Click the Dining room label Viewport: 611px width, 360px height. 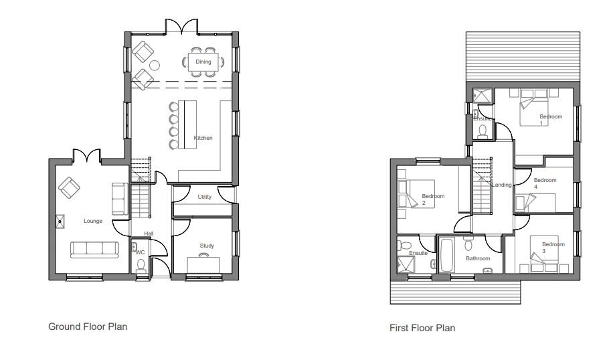click(x=203, y=62)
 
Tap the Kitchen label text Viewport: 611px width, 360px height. click(x=203, y=138)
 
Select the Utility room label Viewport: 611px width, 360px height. click(x=204, y=197)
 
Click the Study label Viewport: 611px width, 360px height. click(x=207, y=246)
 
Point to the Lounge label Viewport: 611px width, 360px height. click(x=93, y=221)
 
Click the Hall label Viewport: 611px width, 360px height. click(x=149, y=233)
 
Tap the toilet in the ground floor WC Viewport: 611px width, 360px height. click(x=141, y=266)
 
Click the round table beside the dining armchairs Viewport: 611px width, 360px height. click(x=155, y=66)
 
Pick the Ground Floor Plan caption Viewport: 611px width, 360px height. click(x=88, y=327)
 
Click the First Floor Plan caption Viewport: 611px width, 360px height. click(x=422, y=328)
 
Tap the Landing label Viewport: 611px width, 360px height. click(x=502, y=185)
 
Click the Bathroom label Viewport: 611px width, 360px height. click(x=478, y=258)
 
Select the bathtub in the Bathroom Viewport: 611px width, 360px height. click(x=446, y=256)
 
